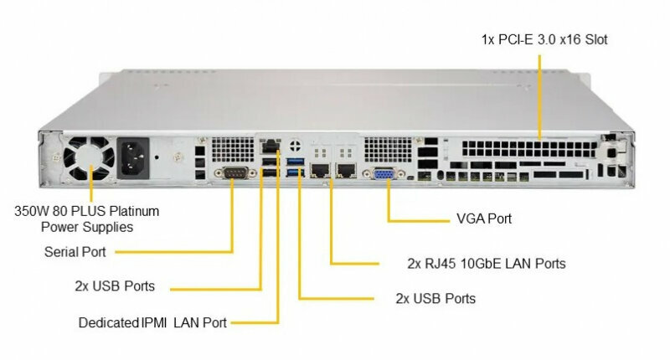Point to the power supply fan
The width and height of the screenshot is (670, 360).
coord(87,159)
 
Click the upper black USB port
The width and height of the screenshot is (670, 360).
coord(269,161)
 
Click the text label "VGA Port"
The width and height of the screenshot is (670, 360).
coord(483,219)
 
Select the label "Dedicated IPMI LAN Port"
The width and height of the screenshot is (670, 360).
coord(152,322)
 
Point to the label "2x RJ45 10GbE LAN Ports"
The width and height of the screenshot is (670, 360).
coord(486,264)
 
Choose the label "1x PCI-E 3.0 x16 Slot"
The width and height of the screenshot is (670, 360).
coord(544,39)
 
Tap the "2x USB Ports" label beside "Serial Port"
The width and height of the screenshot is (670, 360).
coord(114,286)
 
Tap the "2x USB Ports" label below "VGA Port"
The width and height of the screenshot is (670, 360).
coord(435,299)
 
